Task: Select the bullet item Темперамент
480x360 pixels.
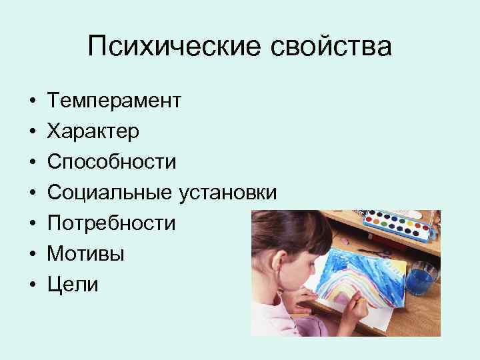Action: [x=113, y=101]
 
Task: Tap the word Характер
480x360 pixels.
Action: [x=93, y=131]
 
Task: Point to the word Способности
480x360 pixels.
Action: [x=111, y=162]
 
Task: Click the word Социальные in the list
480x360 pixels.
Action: [x=110, y=193]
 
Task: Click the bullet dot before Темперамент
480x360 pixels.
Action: [x=33, y=101]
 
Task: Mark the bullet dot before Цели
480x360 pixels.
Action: [x=33, y=285]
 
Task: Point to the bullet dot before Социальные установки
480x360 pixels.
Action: [x=33, y=193]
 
